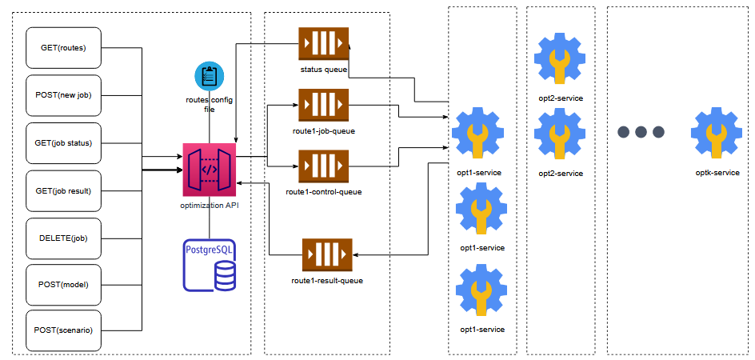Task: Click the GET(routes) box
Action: click(x=64, y=48)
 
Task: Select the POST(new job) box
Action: click(x=64, y=95)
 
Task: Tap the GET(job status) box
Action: click(x=64, y=143)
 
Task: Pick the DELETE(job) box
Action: click(x=64, y=238)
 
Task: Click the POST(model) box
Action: click(x=64, y=285)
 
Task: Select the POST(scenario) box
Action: click(x=64, y=330)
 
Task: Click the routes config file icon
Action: click(x=210, y=76)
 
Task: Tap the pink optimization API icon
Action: click(x=210, y=170)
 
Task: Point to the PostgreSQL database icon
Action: click(x=210, y=264)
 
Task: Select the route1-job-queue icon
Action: click(x=323, y=105)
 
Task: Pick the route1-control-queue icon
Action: click(x=323, y=166)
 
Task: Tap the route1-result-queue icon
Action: click(x=327, y=255)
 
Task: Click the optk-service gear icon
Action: click(x=717, y=133)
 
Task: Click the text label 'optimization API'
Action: click(x=210, y=206)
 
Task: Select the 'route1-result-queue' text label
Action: click(x=327, y=281)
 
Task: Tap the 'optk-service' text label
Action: click(x=717, y=173)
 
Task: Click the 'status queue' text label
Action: click(x=323, y=70)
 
